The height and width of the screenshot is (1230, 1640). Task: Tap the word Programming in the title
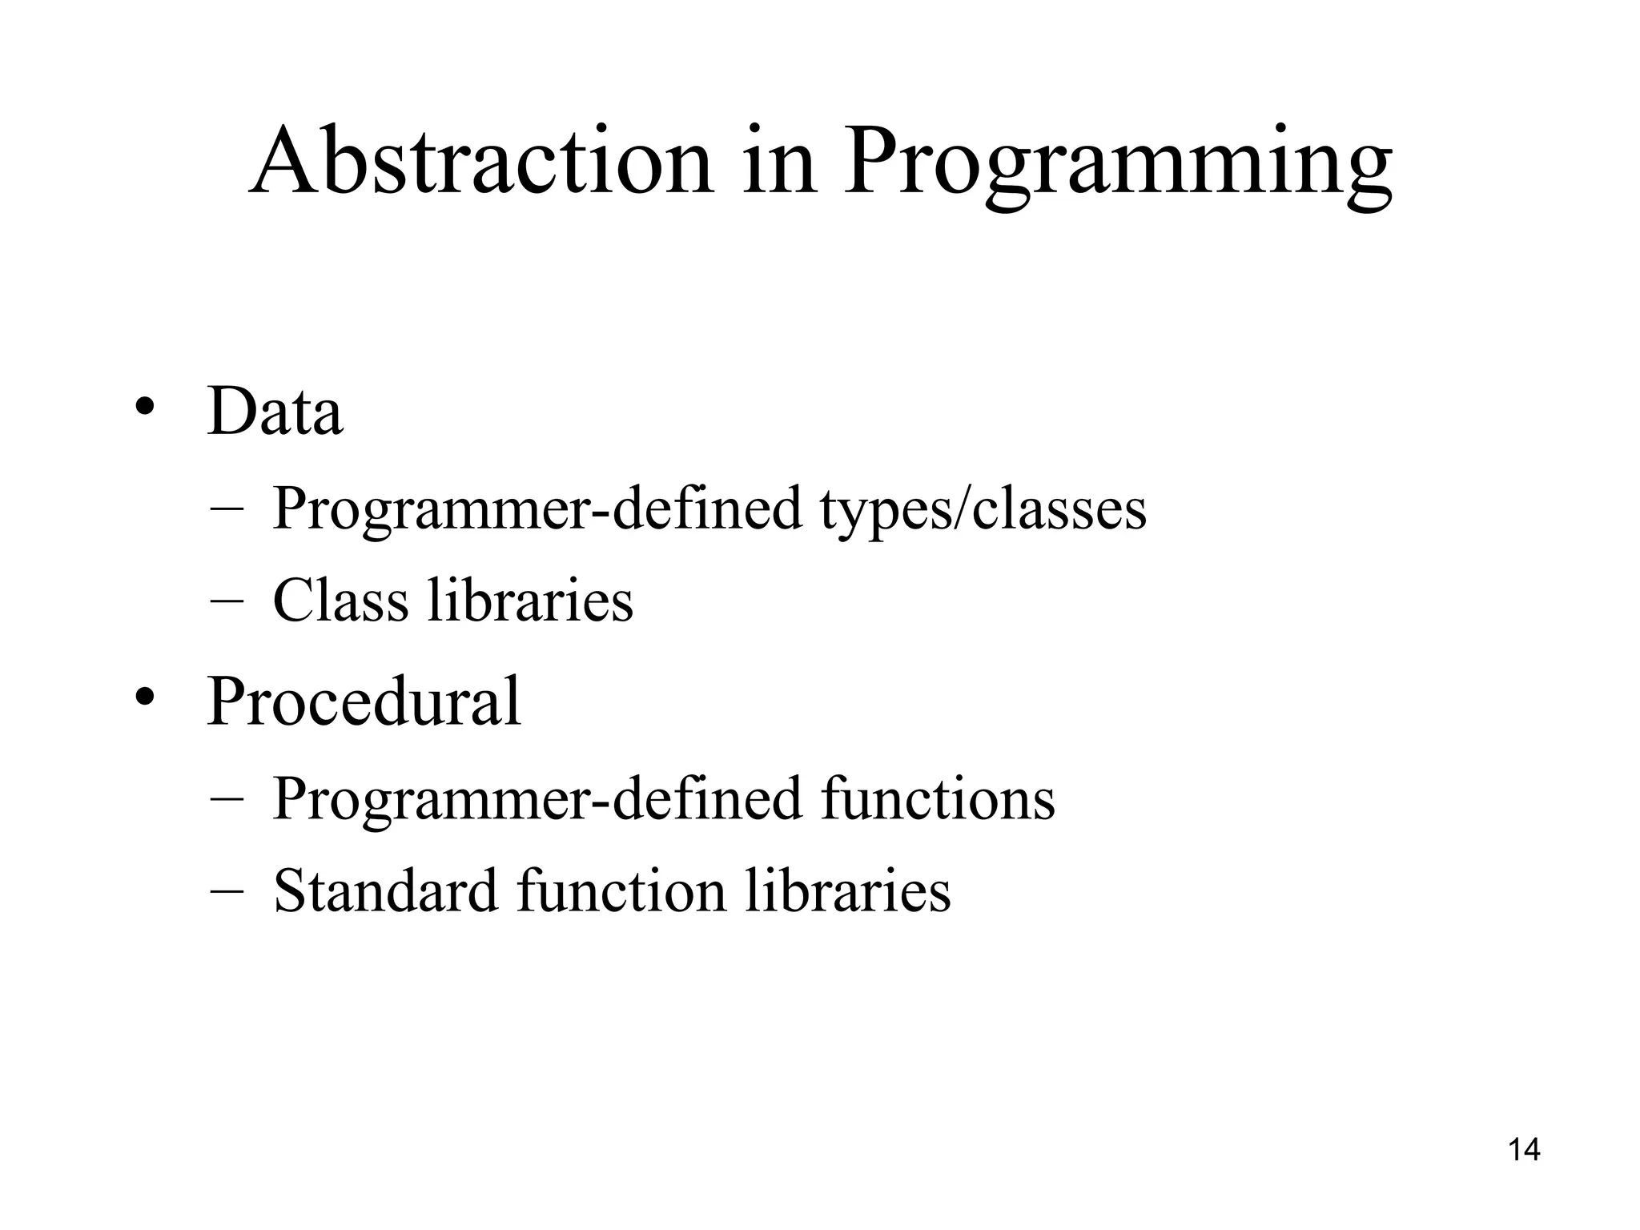(1117, 168)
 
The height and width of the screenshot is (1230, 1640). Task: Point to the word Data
(275, 412)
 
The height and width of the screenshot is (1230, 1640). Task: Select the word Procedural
(364, 701)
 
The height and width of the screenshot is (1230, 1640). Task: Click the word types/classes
(983, 510)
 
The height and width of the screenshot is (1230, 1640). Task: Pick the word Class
(340, 601)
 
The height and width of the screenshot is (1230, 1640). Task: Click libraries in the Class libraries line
(530, 601)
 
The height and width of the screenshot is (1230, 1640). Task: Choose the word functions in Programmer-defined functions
(938, 798)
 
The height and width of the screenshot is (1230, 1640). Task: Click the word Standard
(385, 890)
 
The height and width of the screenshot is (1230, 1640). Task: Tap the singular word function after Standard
(621, 890)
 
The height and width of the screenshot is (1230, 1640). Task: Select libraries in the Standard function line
(848, 890)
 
